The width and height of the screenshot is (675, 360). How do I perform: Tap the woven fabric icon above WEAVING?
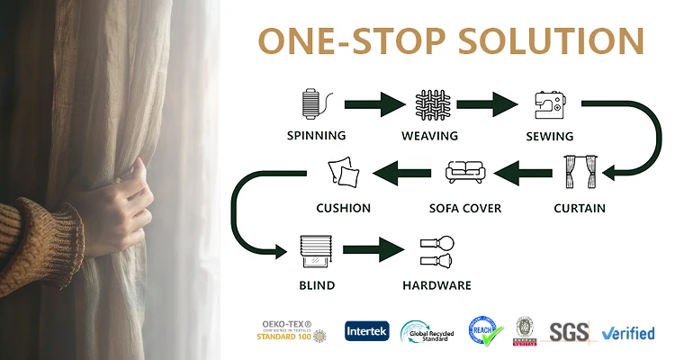(x=429, y=103)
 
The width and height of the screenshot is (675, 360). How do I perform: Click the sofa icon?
(x=464, y=171)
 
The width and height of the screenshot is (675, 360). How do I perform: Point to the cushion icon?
(x=343, y=172)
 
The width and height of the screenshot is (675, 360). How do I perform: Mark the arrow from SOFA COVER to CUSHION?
(x=403, y=172)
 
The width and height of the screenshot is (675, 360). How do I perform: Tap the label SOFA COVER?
(x=465, y=209)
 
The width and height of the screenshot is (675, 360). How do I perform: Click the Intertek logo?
(x=366, y=331)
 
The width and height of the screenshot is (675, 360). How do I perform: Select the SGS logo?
(x=568, y=332)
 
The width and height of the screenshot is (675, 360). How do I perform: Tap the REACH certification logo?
(x=483, y=331)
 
